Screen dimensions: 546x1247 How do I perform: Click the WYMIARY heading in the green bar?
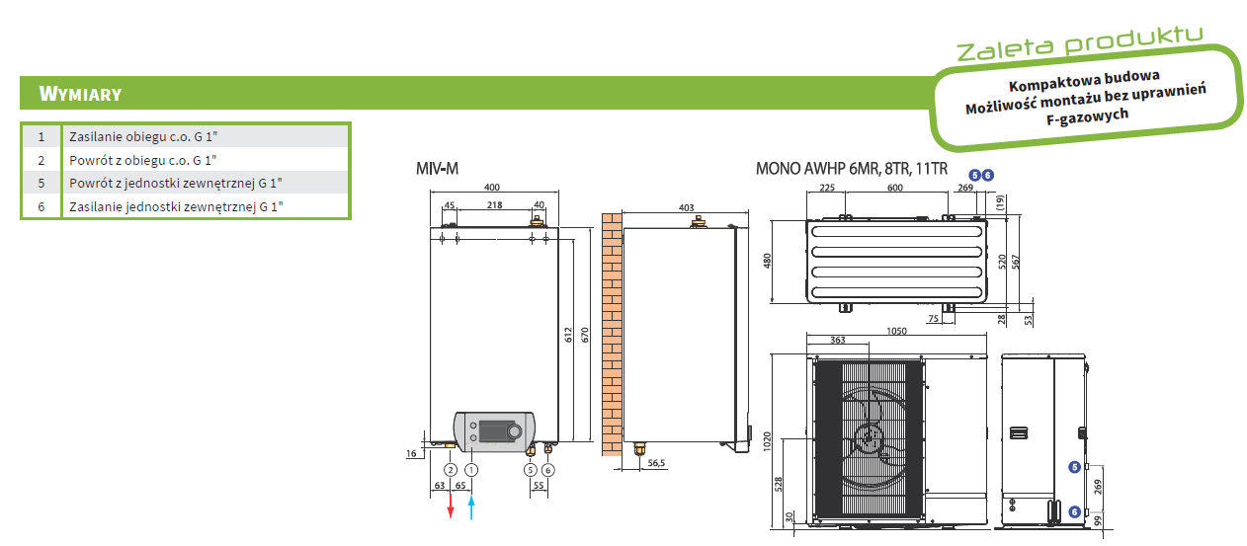80,94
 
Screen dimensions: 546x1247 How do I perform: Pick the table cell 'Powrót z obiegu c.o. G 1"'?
142,159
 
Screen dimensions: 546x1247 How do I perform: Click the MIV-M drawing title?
438,169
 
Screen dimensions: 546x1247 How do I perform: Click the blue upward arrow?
471,506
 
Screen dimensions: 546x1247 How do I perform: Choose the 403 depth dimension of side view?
687,208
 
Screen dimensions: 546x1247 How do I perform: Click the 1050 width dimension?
897,332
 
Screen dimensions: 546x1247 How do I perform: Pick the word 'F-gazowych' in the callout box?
1086,116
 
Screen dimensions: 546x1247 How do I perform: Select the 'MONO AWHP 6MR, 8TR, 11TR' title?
851,169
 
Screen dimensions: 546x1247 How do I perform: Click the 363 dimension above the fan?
838,340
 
